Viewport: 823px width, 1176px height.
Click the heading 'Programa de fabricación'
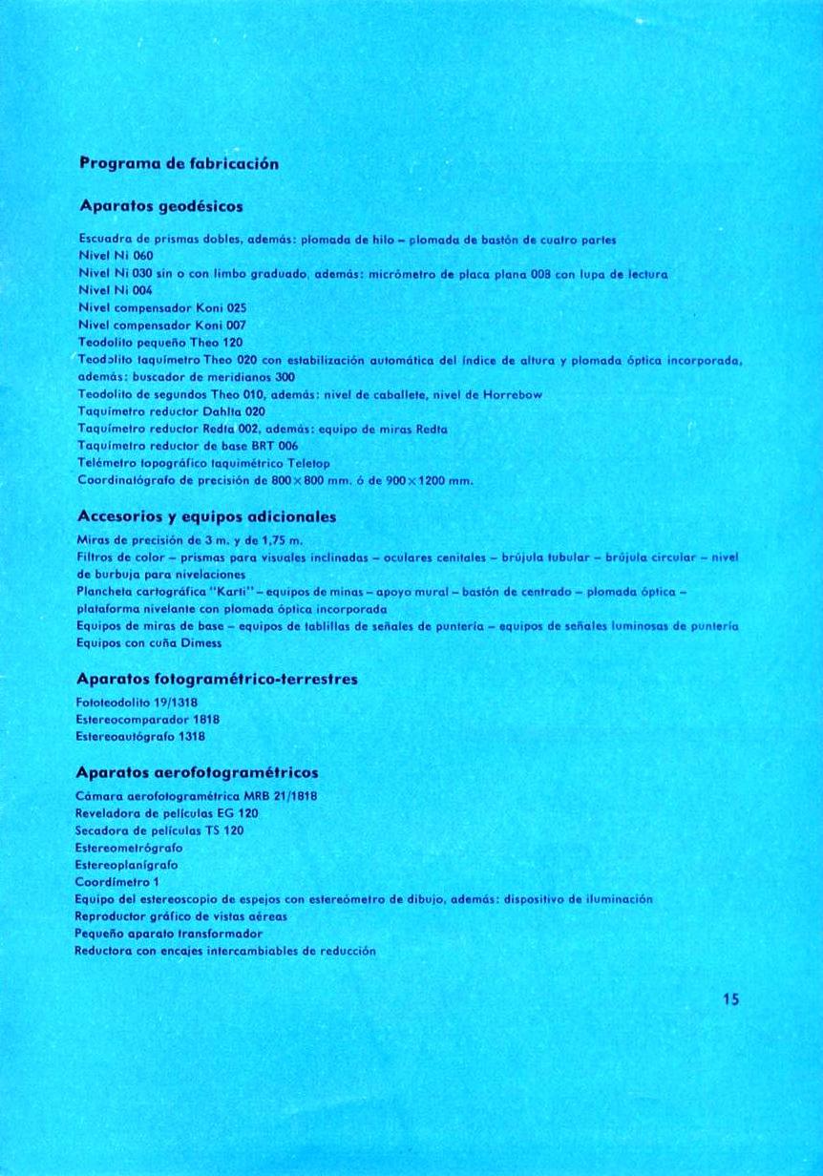point(179,163)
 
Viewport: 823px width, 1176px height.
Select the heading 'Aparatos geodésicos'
point(161,205)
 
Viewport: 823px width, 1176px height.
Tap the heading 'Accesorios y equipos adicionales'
point(206,516)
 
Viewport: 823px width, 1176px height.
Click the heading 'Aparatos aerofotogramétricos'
point(197,771)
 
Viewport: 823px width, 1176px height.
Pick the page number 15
point(731,1000)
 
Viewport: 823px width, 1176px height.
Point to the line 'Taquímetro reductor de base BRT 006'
point(187,446)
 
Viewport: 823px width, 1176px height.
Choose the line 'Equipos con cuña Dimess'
point(148,643)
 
